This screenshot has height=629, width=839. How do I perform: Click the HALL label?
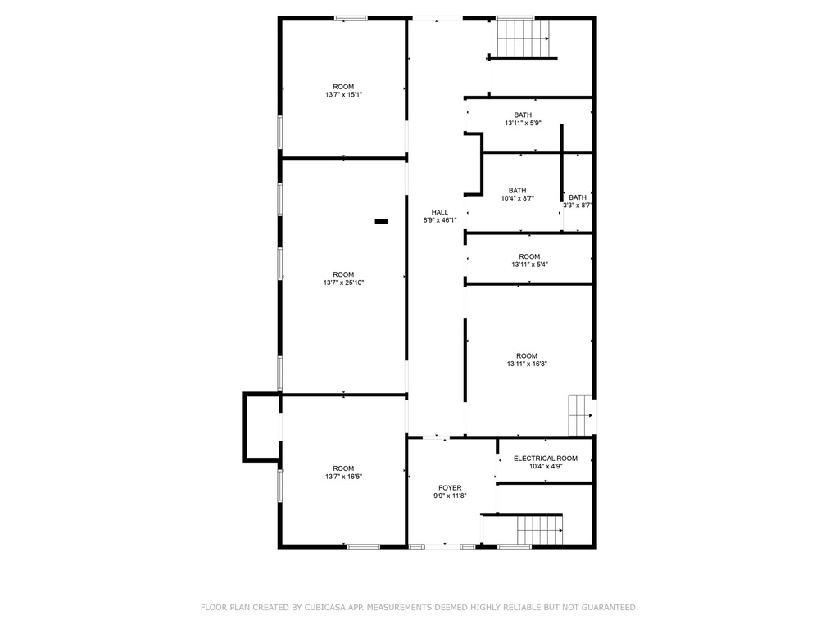click(x=440, y=212)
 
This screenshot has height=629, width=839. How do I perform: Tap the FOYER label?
click(x=450, y=487)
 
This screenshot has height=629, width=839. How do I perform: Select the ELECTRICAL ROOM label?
click(x=545, y=459)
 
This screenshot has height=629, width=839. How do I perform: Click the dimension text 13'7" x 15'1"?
click(x=343, y=95)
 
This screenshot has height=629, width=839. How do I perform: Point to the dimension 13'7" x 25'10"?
click(x=343, y=283)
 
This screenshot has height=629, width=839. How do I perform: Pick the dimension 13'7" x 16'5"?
click(x=343, y=477)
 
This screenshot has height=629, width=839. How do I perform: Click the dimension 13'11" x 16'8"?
click(x=527, y=364)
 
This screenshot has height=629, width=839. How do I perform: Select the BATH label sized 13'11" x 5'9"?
click(x=523, y=115)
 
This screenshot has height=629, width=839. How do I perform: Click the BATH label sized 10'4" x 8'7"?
click(x=517, y=191)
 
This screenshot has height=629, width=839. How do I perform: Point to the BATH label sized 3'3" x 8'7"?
click(x=578, y=197)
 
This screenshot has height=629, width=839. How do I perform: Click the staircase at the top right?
click(x=523, y=37)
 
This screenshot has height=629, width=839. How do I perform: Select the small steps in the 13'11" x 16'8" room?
click(x=580, y=415)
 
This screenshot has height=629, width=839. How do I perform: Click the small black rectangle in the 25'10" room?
click(x=381, y=220)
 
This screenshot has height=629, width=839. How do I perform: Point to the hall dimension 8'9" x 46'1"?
click(x=440, y=220)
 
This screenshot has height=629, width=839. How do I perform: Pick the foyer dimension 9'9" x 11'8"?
click(x=450, y=496)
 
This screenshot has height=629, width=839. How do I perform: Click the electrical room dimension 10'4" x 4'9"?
click(x=545, y=467)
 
